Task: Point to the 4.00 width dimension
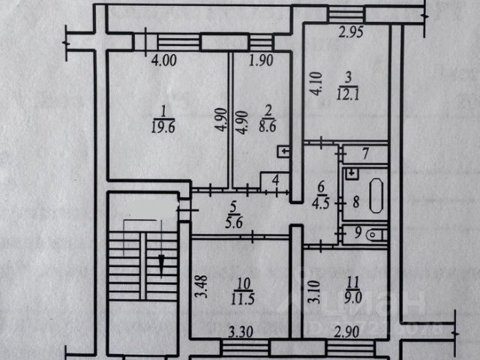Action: [163, 63]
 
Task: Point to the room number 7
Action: [365, 155]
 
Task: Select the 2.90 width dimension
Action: [329, 331]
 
